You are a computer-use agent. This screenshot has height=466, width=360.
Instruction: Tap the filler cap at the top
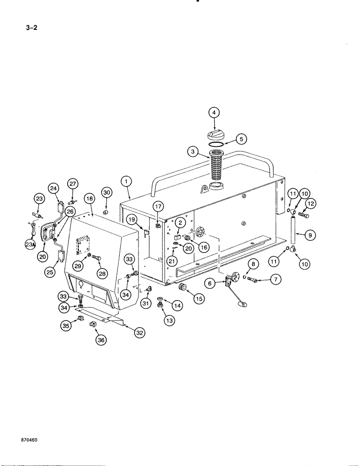[x=215, y=134]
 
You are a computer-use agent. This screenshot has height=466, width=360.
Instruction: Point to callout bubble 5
[x=241, y=139]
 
